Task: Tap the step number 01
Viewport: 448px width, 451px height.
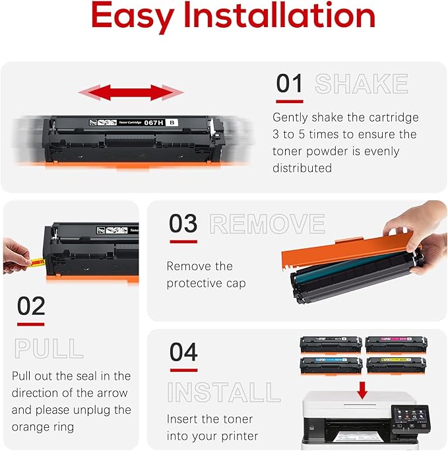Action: (289, 84)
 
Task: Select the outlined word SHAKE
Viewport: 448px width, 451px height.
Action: (361, 85)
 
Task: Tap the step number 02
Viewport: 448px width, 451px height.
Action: (31, 306)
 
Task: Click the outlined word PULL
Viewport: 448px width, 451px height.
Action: (48, 348)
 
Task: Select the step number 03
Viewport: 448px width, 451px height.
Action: (183, 224)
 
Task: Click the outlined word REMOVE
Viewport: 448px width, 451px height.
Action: (267, 225)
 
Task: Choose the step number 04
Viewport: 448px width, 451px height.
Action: (183, 352)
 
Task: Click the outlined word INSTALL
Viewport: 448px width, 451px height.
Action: (224, 392)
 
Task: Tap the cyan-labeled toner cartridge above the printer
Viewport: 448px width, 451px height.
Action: (331, 364)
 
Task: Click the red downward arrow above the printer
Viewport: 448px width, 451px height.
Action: (362, 390)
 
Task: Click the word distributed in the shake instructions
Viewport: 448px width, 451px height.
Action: (302, 168)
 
